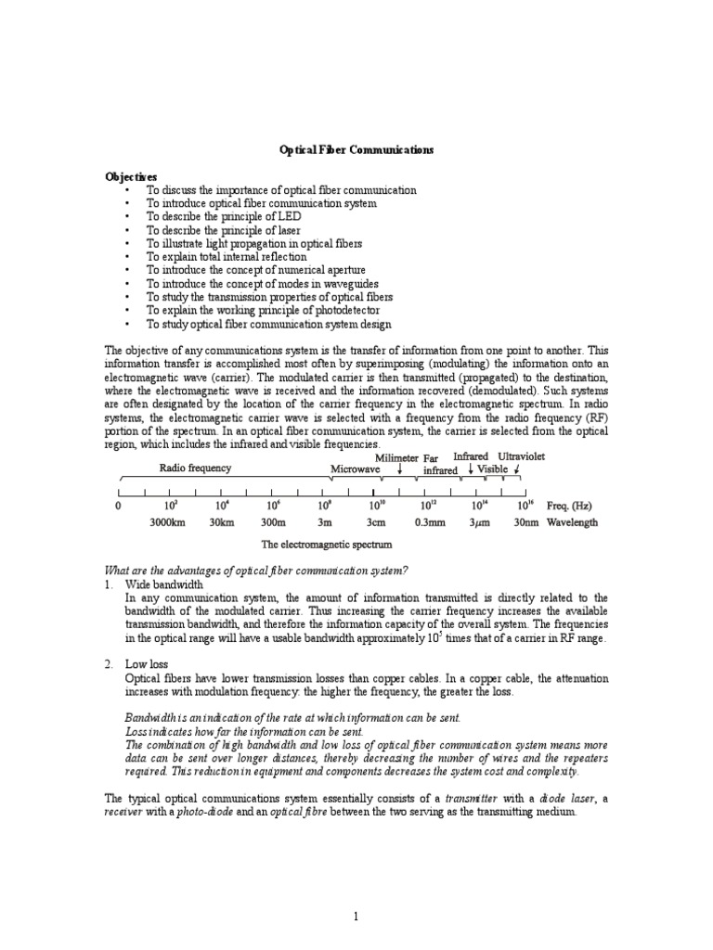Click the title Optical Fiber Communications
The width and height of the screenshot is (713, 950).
tap(356, 148)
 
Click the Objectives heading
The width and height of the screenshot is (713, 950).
tap(130, 176)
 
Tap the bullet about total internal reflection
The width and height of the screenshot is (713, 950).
tap(226, 256)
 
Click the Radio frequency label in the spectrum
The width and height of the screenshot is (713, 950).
tap(195, 469)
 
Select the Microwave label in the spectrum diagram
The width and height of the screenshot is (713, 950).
tap(356, 469)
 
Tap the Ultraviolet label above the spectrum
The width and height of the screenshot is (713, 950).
tap(522, 457)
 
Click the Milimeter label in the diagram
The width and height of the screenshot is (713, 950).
tap(396, 458)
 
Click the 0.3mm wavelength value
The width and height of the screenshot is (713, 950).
tap(429, 522)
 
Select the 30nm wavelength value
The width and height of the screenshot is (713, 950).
tap(525, 522)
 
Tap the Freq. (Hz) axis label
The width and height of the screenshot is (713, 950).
tap(569, 506)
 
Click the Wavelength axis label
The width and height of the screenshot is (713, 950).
tap(573, 522)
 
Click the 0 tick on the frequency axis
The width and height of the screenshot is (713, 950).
tap(118, 507)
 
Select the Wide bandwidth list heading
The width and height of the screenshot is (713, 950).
tap(163, 585)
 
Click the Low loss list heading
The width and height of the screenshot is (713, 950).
tap(147, 665)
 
